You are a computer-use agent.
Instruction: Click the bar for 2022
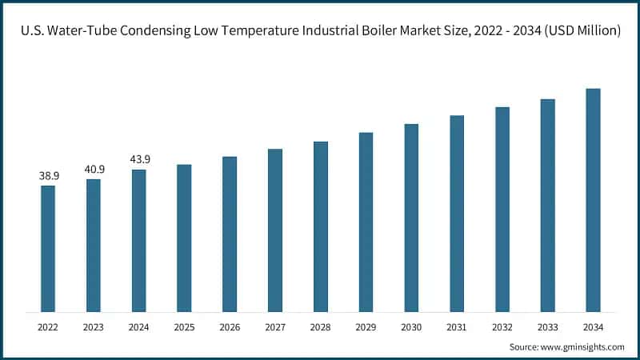point(48,248)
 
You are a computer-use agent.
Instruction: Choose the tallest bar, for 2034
point(593,200)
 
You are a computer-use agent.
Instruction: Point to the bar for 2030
point(411,218)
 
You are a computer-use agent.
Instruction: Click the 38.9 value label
point(48,175)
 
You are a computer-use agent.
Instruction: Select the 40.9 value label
point(94,169)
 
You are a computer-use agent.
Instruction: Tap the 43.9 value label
point(139,159)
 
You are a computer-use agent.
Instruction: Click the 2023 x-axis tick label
point(94,326)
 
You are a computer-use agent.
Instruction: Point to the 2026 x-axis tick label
point(230,326)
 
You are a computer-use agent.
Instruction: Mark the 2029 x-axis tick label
point(366,326)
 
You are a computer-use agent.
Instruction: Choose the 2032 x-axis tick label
point(502,326)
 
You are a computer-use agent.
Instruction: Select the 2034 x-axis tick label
point(593,326)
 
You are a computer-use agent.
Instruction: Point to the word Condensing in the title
point(158,30)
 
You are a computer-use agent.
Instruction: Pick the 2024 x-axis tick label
point(139,326)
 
